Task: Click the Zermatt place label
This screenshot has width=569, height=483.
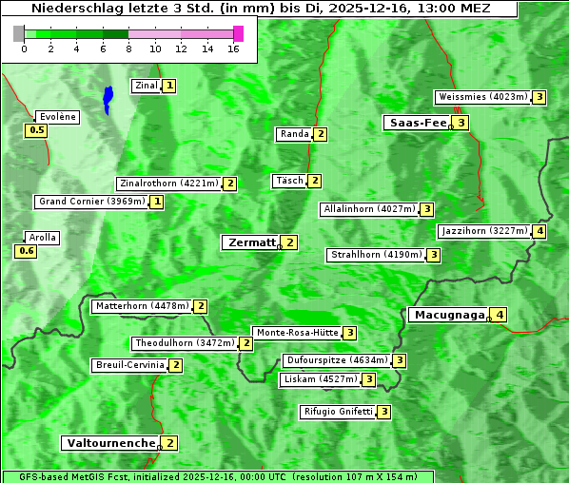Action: (x=250, y=242)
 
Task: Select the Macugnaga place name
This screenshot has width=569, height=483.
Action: (x=448, y=315)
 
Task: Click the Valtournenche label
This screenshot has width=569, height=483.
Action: (x=109, y=443)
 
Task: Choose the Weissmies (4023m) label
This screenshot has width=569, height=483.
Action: (x=481, y=97)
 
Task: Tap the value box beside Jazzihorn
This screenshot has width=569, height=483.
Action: (x=540, y=231)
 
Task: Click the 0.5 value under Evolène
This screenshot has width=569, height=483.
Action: (x=37, y=130)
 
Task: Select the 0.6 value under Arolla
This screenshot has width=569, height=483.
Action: (x=26, y=251)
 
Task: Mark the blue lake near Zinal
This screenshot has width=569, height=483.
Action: (x=108, y=99)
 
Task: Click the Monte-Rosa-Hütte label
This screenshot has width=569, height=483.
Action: (x=297, y=333)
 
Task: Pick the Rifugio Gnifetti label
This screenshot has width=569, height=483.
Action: (x=338, y=412)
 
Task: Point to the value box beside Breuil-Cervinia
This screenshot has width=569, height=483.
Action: (x=175, y=365)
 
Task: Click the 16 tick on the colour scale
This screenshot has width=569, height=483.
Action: (x=234, y=48)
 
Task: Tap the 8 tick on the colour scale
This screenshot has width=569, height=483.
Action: (x=128, y=48)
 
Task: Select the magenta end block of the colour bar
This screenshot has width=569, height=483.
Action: (x=238, y=33)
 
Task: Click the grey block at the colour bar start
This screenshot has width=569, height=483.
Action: (x=19, y=33)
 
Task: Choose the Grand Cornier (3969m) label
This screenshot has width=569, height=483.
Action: (x=92, y=202)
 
